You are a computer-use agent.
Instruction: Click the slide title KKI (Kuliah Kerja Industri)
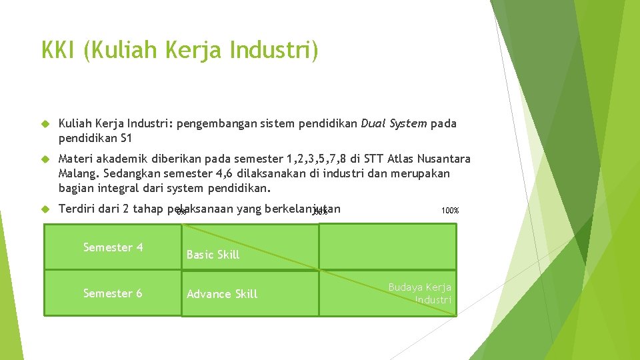point(179,50)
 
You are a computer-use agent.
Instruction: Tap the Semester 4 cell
point(113,247)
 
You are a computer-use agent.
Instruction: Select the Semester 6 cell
point(113,293)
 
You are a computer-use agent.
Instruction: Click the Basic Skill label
point(213,255)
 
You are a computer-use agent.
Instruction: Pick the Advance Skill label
point(222,294)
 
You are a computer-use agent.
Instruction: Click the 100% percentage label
point(450,211)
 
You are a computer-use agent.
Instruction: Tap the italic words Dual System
point(394,124)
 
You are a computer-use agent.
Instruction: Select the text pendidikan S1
point(96,138)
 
